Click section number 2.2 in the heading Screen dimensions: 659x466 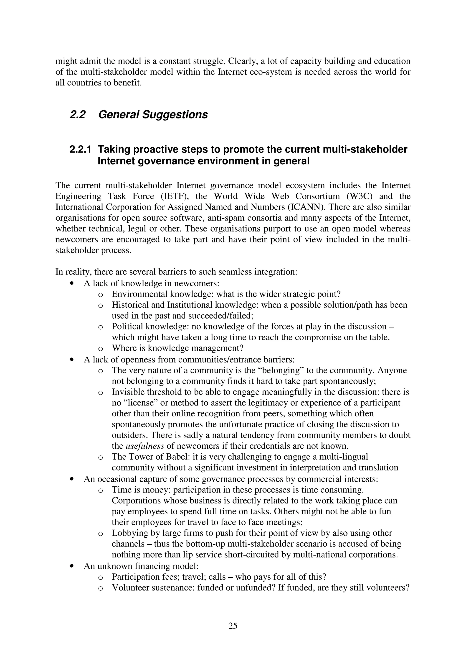point(78,115)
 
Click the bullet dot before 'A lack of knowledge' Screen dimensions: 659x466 point(72,283)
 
